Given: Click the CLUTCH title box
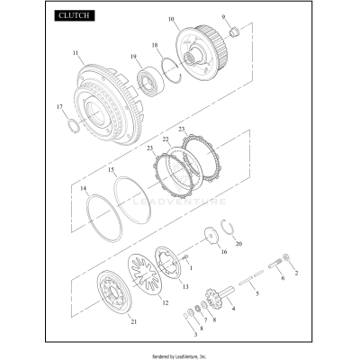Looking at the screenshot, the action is (x=75, y=15).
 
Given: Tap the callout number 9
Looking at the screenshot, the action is (x=223, y=17).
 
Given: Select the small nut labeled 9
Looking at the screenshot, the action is (x=234, y=31).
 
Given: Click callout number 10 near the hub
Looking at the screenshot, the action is (x=171, y=20).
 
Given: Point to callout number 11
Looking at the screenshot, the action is (x=76, y=53).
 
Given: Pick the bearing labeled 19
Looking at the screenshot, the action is (x=150, y=82).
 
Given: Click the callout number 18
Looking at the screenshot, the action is (x=155, y=45).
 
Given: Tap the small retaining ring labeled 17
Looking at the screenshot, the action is (x=74, y=126).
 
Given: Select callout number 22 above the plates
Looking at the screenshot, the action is (x=166, y=139).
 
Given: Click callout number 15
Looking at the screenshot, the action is (x=112, y=170).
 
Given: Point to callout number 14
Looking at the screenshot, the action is (x=84, y=188).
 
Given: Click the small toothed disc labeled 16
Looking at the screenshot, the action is (x=211, y=236).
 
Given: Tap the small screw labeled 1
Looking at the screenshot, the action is (x=185, y=257).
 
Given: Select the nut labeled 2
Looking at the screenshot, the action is (x=285, y=257).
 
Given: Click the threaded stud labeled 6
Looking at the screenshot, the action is (x=274, y=265).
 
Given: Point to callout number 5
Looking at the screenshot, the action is (x=257, y=294).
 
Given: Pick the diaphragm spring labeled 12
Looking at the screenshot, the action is (x=145, y=274).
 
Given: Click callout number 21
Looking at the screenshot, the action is (x=134, y=322).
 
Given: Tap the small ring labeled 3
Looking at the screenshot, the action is (x=185, y=316).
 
